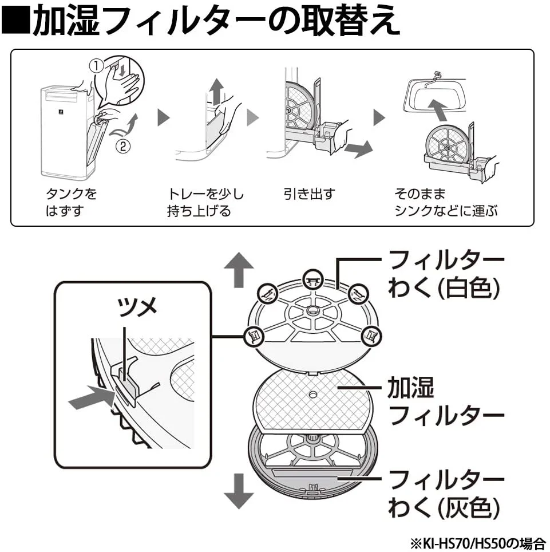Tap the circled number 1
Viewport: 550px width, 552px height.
tap(96, 66)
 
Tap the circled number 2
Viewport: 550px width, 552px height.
tap(123, 147)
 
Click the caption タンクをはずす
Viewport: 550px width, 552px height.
tap(71, 202)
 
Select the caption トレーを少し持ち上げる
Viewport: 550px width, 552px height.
tap(205, 202)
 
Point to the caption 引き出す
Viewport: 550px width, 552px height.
tap(309, 194)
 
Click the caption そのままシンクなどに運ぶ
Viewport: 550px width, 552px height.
tap(446, 202)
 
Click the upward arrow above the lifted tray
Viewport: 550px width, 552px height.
tap(217, 91)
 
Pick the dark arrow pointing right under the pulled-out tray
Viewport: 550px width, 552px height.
tap(358, 148)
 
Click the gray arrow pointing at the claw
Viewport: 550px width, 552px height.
tap(92, 397)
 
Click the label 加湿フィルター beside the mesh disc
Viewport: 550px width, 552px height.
tap(446, 401)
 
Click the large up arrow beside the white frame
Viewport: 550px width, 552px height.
tap(239, 270)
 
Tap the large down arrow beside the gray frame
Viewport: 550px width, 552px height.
tap(239, 491)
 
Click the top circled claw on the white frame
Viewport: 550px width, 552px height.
tap(313, 279)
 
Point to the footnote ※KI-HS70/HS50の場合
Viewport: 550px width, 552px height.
tap(478, 542)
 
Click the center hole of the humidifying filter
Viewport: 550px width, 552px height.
tap(312, 395)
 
